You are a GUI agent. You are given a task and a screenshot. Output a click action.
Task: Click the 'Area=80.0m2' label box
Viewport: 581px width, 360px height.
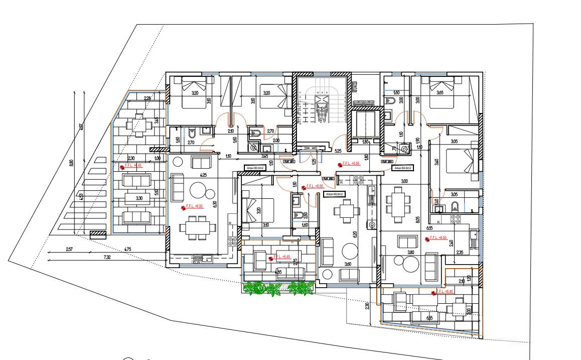click(x=254, y=168)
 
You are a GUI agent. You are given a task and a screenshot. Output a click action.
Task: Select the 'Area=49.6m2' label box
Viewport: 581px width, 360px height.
click(x=333, y=194)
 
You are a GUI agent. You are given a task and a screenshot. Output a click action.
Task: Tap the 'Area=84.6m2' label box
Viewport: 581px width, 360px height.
click(x=403, y=168)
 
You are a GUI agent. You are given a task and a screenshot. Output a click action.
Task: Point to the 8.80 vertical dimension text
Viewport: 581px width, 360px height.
click(x=71, y=163)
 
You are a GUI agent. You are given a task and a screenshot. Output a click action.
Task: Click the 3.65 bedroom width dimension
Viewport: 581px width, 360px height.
click(x=440, y=93)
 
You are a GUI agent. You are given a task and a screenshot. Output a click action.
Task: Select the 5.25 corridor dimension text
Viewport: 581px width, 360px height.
click(x=338, y=151)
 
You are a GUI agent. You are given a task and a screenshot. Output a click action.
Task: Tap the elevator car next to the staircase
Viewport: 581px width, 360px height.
click(x=364, y=124)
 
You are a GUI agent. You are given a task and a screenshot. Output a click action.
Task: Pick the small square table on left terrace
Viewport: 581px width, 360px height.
click(x=137, y=124)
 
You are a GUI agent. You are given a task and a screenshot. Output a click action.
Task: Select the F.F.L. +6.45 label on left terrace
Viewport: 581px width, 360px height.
click(x=132, y=165)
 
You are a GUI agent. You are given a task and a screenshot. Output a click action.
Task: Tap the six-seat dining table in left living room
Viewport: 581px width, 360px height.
click(x=195, y=226)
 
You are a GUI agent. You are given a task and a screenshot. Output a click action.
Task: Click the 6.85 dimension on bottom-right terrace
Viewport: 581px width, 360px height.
click(x=429, y=317)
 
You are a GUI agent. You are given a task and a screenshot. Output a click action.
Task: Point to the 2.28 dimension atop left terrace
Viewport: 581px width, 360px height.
click(x=148, y=98)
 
